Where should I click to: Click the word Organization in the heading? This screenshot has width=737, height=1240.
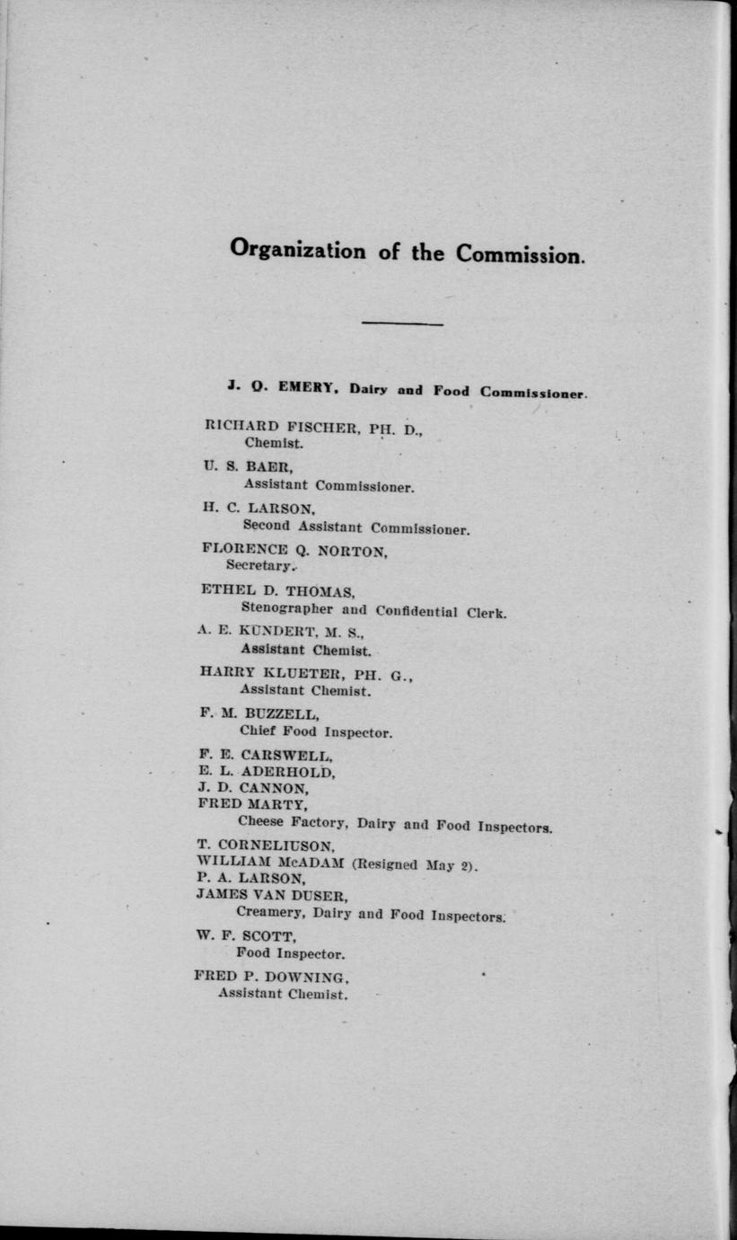(297, 250)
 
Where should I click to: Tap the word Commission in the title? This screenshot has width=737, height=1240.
(520, 254)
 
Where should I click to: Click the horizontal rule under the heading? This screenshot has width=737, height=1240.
(402, 323)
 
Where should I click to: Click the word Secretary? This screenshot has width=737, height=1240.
(259, 566)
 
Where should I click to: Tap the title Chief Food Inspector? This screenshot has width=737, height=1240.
(315, 731)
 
